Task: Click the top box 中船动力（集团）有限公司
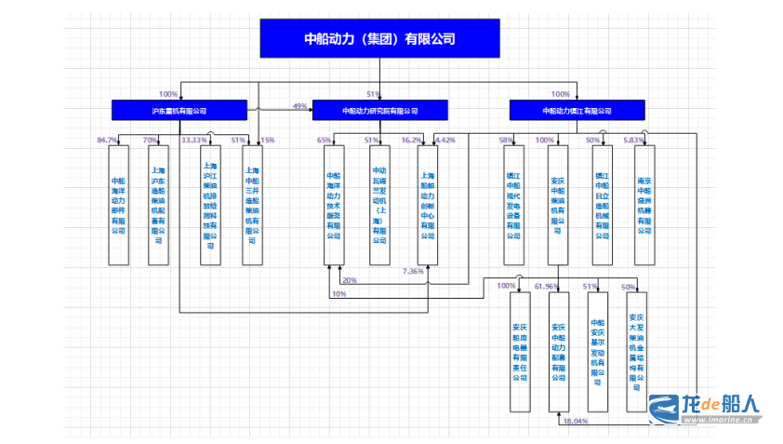click(x=379, y=39)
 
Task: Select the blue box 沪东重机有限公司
click(x=179, y=111)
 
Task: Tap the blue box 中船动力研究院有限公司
click(x=379, y=111)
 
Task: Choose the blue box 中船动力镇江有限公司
click(x=577, y=111)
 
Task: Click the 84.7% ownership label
click(x=108, y=140)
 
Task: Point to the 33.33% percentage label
click(x=193, y=140)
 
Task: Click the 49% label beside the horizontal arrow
click(x=299, y=106)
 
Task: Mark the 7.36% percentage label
click(x=413, y=271)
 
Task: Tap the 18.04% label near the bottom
click(x=575, y=422)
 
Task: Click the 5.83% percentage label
click(x=633, y=140)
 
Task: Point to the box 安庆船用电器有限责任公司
click(x=519, y=352)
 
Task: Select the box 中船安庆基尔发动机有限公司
click(x=597, y=352)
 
